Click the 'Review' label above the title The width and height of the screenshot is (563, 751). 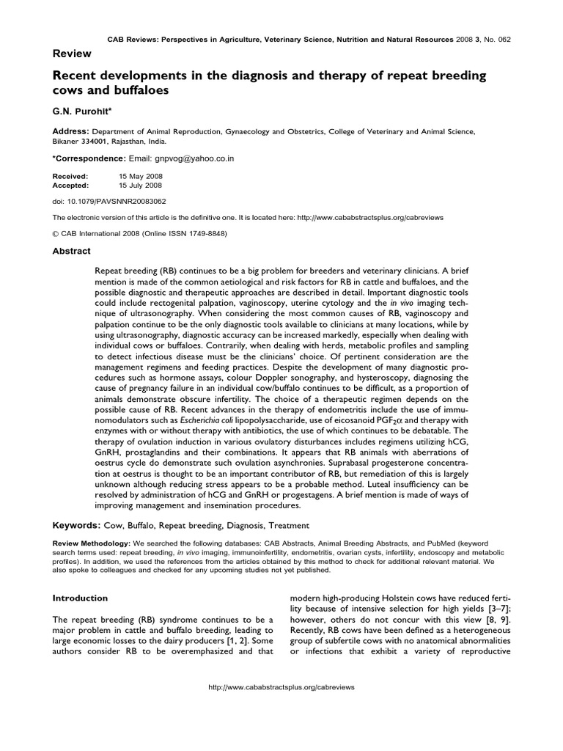pyautogui.click(x=71, y=54)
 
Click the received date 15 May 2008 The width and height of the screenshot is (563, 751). pyautogui.click(x=141, y=177)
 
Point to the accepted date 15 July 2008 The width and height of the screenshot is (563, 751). pyautogui.click(x=141, y=186)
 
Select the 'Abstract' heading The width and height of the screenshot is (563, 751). pyautogui.click(x=72, y=251)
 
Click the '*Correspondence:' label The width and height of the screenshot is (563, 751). pyautogui.click(x=89, y=158)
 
